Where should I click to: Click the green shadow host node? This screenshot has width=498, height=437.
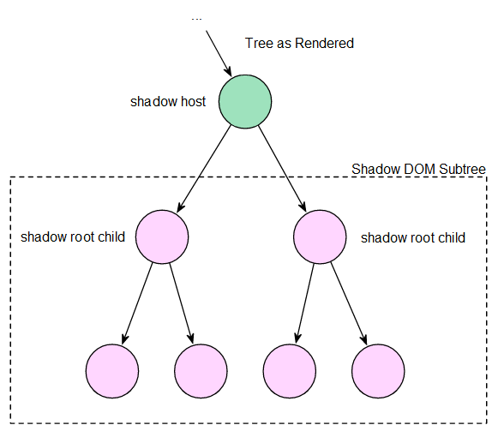pos(245,102)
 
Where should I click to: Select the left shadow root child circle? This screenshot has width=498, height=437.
pos(162,236)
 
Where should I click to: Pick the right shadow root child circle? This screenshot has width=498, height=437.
pos(320,236)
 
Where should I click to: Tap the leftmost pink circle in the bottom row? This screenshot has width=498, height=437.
pos(112,371)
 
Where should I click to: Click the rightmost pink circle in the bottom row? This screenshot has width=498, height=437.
pos(378,371)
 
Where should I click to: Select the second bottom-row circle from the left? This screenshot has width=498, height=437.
pos(201,371)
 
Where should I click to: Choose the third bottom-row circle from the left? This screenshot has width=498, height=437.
pos(290,371)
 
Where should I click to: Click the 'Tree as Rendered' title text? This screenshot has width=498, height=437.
pos(299,43)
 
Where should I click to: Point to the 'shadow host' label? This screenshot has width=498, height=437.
pos(168,102)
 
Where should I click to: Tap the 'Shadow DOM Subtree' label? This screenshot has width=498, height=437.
pos(418,169)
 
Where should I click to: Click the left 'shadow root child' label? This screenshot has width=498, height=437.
pos(73,236)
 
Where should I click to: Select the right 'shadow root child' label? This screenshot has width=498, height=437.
pos(413,237)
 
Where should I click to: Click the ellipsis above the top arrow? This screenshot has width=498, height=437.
pos(196,19)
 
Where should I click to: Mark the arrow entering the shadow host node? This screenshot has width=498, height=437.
pos(219,53)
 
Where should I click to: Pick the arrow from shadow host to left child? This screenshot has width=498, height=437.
pos(204,169)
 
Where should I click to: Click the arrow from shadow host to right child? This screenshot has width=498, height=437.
pos(282,169)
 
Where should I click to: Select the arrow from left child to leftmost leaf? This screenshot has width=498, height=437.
pos(137,303)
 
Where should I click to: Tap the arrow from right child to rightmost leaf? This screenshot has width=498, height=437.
pos(349,303)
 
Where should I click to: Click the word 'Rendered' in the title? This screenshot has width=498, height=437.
pos(324,43)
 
